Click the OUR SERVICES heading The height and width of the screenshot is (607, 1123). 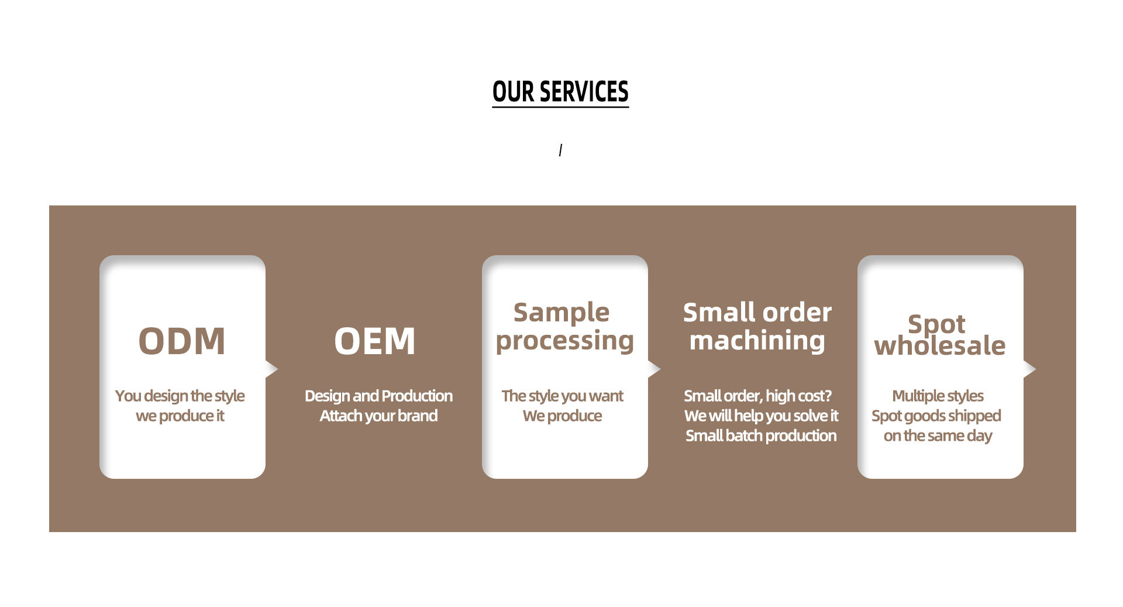tap(560, 92)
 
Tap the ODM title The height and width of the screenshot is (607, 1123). tap(182, 341)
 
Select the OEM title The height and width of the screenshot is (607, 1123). tap(375, 341)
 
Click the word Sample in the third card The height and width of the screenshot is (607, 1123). tap(561, 312)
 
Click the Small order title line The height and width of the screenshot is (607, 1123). tap(757, 312)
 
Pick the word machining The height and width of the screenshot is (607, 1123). tap(757, 341)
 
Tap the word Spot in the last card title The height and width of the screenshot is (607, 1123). tap(936, 323)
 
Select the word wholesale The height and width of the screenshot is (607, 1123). tap(940, 346)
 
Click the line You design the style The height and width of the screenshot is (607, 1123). tap(180, 396)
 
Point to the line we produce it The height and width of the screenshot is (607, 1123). tap(180, 416)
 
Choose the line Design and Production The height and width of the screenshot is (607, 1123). tap(378, 396)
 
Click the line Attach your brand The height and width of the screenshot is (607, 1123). tap(378, 416)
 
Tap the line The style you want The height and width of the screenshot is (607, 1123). tap(562, 396)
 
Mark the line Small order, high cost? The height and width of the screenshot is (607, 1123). tap(757, 396)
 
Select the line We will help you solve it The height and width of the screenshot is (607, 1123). tap(761, 416)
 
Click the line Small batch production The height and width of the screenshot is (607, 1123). tap(761, 436)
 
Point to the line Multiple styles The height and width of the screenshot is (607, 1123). tap(938, 396)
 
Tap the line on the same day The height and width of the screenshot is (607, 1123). tap(938, 436)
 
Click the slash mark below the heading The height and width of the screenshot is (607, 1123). tap(560, 150)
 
